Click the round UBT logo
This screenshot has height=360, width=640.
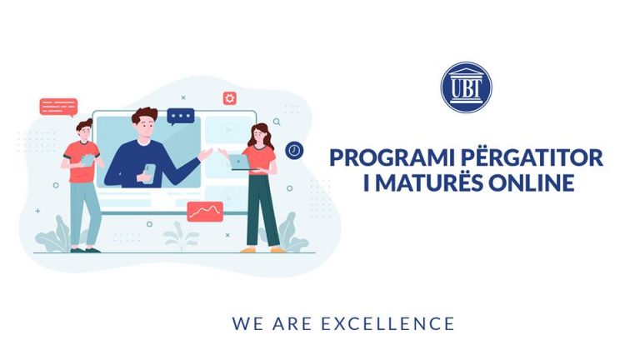pos(466,87)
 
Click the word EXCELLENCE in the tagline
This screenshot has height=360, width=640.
pos(387,323)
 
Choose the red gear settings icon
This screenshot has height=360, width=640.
pos(230,98)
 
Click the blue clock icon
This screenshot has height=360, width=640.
pos(294,151)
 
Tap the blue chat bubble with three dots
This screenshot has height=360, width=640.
pos(180,117)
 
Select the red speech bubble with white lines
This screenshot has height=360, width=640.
pos(58,107)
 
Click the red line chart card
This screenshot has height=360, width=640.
pos(205,212)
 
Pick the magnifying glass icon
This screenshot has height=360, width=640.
pos(277,122)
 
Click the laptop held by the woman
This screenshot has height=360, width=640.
pos(239,162)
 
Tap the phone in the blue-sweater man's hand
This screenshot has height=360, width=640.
pos(149,172)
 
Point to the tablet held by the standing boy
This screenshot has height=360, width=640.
pos(87,160)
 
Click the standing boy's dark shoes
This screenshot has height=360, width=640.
pos(85,250)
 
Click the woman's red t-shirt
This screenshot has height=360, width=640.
pos(260,159)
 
